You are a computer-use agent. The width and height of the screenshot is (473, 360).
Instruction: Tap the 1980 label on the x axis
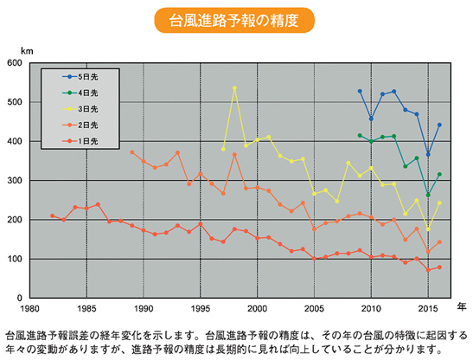30,308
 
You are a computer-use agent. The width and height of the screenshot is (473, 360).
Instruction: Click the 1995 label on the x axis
201,308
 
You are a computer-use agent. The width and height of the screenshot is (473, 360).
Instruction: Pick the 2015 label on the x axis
428,308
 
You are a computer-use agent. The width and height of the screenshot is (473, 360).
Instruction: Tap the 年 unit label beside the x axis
461,306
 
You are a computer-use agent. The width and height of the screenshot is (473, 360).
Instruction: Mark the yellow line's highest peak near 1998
234,88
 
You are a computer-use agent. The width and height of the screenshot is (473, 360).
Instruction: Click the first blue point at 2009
360,91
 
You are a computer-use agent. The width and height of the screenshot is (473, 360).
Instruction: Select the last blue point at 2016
439,125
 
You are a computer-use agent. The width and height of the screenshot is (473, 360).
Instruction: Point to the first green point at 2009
360,135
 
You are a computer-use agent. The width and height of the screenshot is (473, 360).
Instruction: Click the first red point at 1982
53,215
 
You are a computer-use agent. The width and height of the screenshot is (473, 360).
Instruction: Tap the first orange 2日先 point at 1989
132,152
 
